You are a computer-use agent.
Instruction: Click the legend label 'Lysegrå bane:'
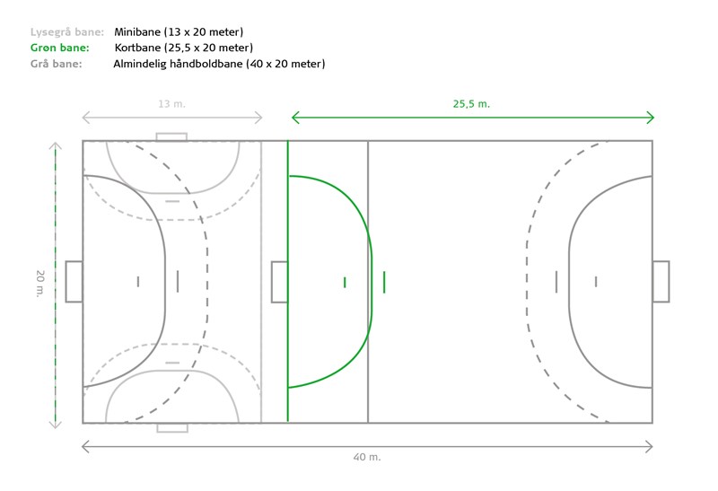coord(67,32)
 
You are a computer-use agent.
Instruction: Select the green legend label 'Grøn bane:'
coord(60,48)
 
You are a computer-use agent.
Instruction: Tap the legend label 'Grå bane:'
coord(57,64)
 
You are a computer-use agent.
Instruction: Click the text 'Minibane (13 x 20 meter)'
coord(179,32)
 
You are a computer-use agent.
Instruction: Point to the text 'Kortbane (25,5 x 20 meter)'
coord(184,48)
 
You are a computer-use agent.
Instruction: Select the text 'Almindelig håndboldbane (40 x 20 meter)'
coord(219,64)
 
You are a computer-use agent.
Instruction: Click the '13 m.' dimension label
coord(171,104)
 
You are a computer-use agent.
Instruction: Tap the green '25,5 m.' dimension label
coord(472,104)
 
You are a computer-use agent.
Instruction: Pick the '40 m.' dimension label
coord(367,457)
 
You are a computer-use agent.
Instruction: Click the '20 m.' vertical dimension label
coord(40,284)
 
